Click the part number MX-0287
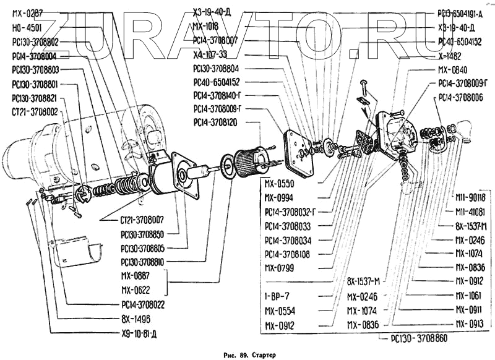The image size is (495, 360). (x=28, y=12)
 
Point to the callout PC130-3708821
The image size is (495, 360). (x=35, y=98)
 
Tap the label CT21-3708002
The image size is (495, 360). (x=35, y=111)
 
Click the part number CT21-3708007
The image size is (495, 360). (x=138, y=220)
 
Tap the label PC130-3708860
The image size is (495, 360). (x=420, y=339)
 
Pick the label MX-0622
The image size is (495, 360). (x=136, y=289)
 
